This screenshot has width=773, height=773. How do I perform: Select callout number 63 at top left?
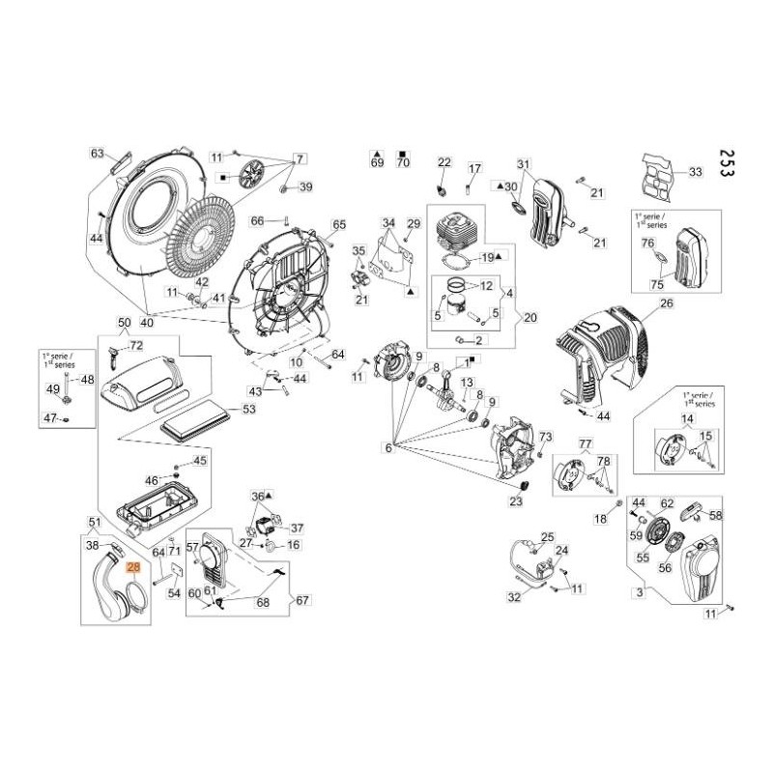97,154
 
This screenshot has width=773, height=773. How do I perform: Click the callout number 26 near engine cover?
665,304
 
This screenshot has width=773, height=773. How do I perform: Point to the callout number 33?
695,172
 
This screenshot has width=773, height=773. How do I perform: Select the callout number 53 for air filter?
249,410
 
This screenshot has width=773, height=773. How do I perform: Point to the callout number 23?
515,501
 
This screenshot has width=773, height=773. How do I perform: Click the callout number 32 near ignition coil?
514,597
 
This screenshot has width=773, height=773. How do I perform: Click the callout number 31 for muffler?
525,163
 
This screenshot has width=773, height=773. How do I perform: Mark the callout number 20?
530,317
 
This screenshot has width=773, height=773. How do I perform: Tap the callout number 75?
658,284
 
